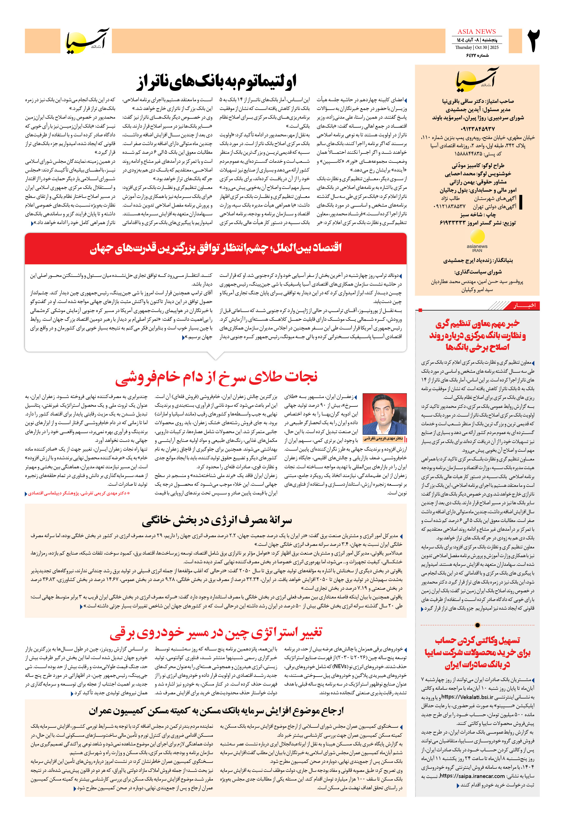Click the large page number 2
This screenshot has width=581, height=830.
(x=534, y=41)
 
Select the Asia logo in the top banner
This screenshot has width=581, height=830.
(x=87, y=41)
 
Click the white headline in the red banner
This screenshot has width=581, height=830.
(x=216, y=248)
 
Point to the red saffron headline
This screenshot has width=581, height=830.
(x=216, y=377)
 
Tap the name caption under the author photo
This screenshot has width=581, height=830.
(x=383, y=438)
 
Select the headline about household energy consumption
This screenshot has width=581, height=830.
(x=216, y=521)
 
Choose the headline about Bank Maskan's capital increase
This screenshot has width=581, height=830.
(x=216, y=711)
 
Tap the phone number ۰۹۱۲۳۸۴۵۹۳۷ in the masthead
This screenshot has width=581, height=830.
(x=477, y=129)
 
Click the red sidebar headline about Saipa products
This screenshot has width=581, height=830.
(x=477, y=653)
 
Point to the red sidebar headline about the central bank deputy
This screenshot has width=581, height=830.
(x=477, y=335)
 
